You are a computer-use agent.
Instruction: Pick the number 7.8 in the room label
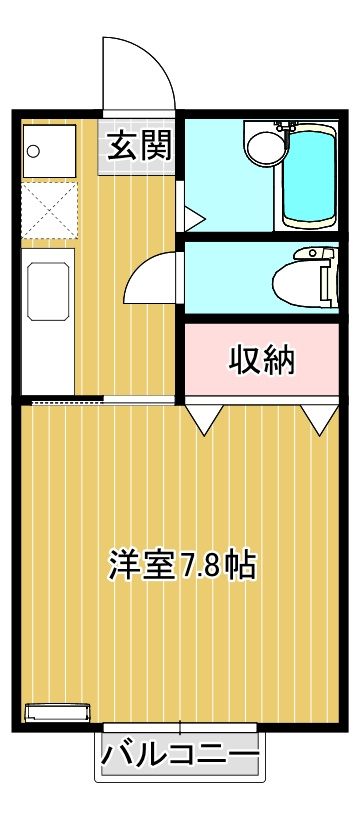(x=203, y=566)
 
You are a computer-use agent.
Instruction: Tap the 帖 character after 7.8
(x=241, y=565)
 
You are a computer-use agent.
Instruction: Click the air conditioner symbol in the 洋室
(x=56, y=712)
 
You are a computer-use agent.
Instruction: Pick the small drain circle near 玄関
(x=33, y=151)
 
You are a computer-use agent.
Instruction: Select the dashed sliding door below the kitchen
(x=66, y=402)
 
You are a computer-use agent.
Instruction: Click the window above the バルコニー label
(x=180, y=726)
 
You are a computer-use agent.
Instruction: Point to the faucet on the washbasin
(x=282, y=128)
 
